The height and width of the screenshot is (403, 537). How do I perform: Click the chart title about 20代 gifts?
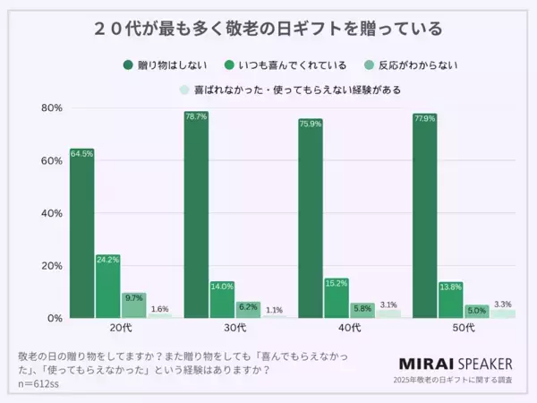[268, 28]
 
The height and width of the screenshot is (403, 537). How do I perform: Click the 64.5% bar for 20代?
[81, 233]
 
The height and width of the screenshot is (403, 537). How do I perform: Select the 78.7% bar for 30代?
[196, 215]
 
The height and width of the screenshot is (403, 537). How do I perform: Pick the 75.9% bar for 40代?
[311, 219]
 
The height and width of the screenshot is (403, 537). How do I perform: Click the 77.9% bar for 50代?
[425, 216]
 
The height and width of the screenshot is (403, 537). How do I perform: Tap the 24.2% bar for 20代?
[107, 287]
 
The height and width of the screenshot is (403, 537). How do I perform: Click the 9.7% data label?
[133, 297]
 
